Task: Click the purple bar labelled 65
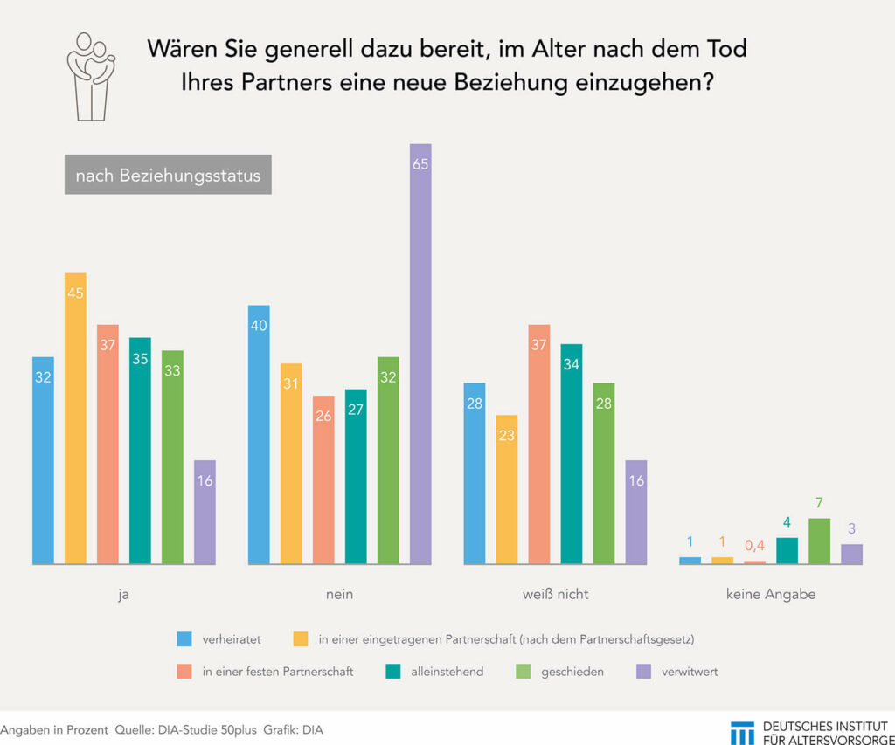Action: pos(420,354)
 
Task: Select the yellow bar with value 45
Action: pos(75,418)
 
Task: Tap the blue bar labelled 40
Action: pos(259,434)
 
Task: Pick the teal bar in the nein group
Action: pos(356,476)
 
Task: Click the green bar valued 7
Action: pos(819,541)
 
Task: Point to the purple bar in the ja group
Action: pos(205,512)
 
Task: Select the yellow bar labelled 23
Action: pos(507,489)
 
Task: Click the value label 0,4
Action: pos(754,546)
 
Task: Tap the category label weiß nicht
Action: pos(556,594)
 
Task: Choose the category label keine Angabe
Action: pos(770,594)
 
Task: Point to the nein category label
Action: pos(340,594)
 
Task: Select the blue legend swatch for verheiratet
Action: pos(184,639)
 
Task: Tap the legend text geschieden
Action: pos(573,672)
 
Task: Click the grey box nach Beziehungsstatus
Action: pos(168,176)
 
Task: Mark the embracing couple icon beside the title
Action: pos(91,77)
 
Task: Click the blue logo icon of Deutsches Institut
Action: pos(742,731)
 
